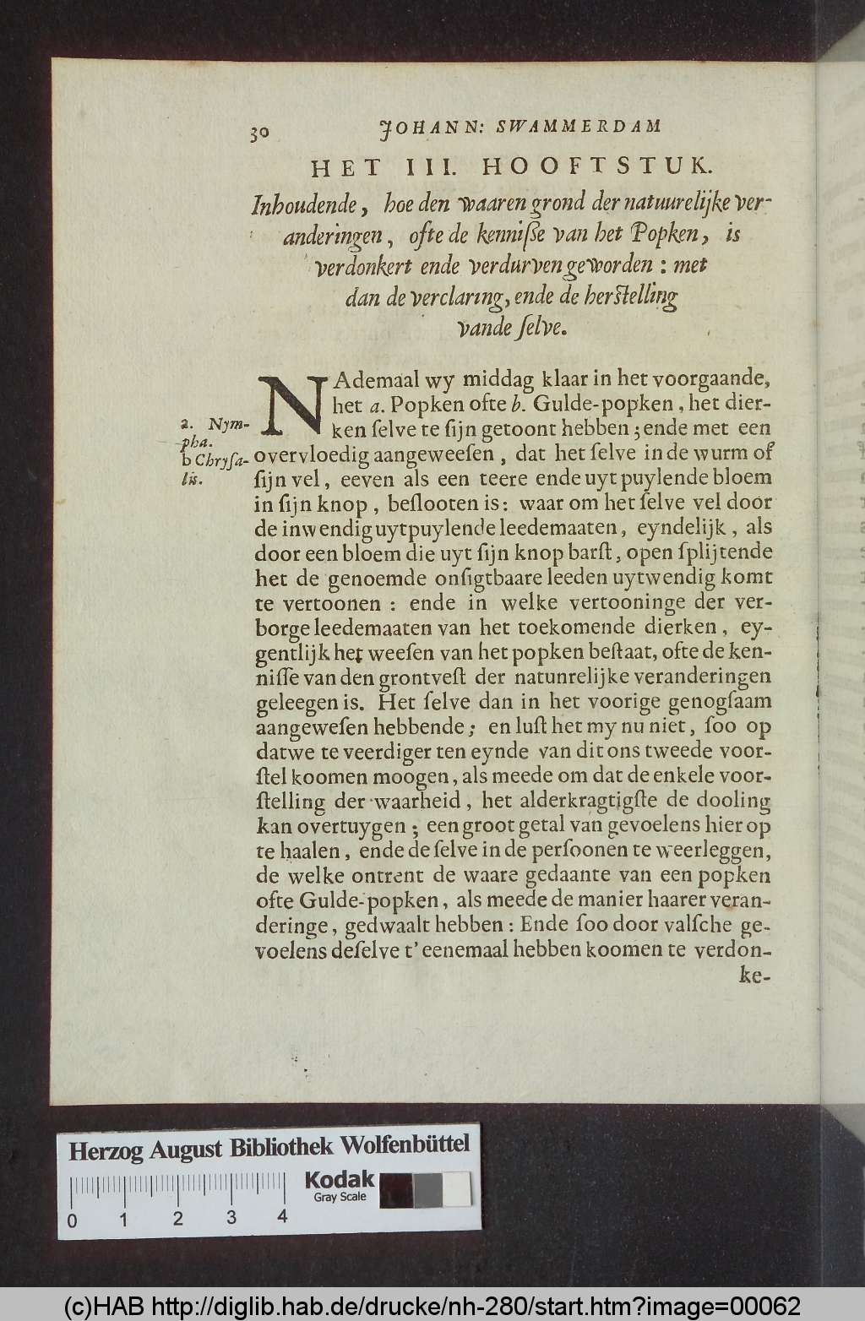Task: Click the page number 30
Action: [x=258, y=133]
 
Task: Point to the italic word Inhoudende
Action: [x=306, y=204]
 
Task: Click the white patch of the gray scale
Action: [x=457, y=1190]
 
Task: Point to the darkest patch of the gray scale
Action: [x=396, y=1190]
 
